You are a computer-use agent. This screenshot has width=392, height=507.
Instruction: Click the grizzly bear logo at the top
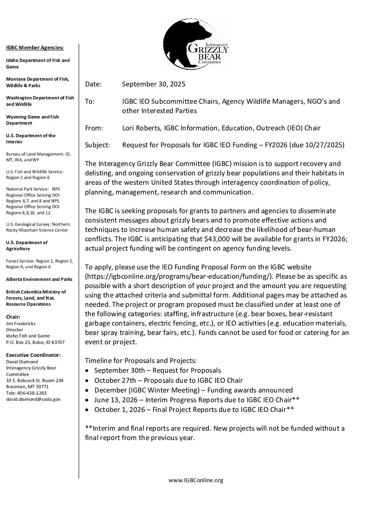pos(196,44)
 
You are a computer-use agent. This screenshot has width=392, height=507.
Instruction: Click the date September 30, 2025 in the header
pos(153,84)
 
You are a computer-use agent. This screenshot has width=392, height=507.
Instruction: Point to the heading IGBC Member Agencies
pos(35,48)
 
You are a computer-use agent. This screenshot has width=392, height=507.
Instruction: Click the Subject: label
pos(97,145)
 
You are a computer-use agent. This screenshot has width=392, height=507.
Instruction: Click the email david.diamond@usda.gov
pos(33,399)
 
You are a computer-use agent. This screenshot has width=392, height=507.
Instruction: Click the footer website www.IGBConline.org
pos(196,480)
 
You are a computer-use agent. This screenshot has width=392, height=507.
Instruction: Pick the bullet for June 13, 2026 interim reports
pos(87,400)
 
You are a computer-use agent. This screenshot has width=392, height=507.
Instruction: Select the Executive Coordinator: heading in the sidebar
pos(34,355)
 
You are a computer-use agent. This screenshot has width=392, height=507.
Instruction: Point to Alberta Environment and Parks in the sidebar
pos(39,279)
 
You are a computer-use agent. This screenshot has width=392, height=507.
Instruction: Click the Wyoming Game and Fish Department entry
pos(32,120)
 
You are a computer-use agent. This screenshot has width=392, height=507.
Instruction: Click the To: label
pos(90,102)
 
